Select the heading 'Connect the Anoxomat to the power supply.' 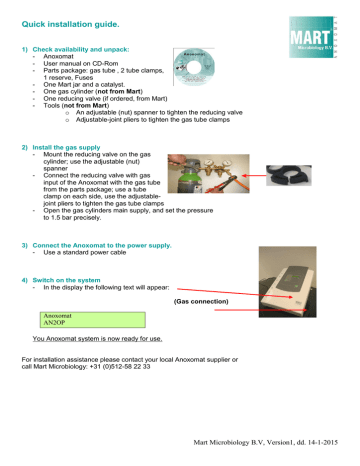tap(102, 245)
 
